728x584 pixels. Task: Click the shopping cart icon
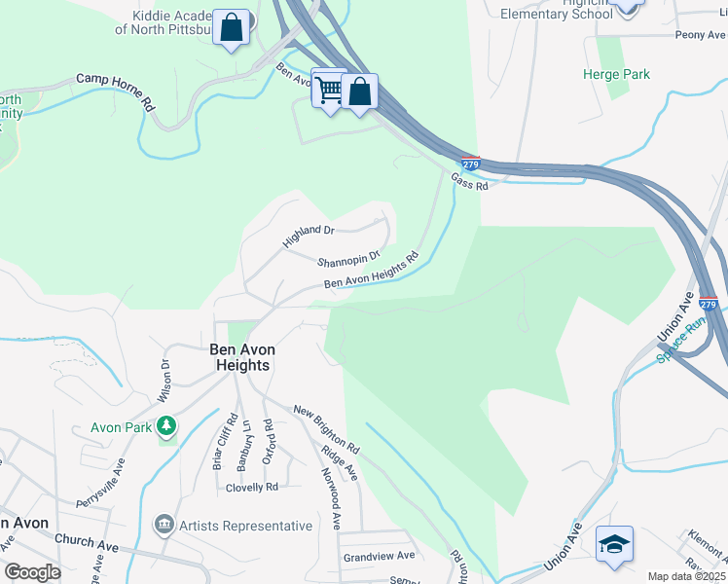tap(329, 89)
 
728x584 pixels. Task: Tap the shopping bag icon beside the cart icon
tap(359, 93)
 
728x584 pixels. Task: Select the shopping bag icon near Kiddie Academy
tap(232, 28)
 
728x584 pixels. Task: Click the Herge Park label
tap(615, 74)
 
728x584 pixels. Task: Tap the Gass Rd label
tap(468, 181)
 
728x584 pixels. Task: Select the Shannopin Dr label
tap(346, 262)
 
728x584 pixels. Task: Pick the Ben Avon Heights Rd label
tap(371, 271)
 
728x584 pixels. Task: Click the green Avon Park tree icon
tap(167, 425)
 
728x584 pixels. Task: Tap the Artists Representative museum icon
tap(164, 526)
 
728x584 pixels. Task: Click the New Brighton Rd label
tap(326, 429)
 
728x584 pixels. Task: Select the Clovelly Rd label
tap(251, 487)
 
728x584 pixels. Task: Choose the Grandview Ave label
tap(379, 556)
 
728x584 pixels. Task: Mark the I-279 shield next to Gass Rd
tap(470, 162)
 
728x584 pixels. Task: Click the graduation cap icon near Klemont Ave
tap(614, 544)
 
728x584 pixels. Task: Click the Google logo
tap(32, 572)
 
